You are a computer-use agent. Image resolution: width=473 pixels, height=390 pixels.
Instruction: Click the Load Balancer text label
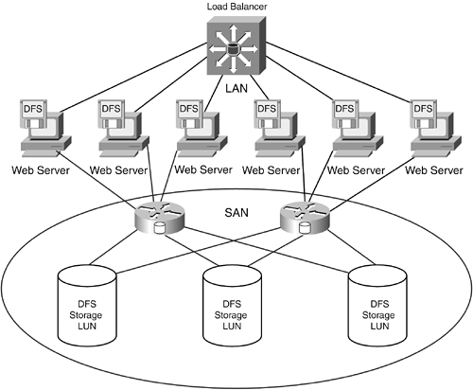coord(236,7)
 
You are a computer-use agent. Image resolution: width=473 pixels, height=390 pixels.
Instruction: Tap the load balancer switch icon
coord(236,45)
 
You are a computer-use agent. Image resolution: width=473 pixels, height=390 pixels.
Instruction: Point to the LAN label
coord(236,88)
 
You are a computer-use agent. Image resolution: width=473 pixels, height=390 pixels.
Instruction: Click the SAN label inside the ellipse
coord(236,212)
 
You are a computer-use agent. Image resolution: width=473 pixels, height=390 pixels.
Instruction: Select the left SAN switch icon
coord(159,218)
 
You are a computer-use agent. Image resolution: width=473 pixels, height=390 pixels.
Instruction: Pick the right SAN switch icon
coord(305,218)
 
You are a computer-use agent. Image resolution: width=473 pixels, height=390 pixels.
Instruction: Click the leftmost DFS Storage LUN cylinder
coord(87,305)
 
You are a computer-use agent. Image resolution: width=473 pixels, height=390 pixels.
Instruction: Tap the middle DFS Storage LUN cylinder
coord(232,305)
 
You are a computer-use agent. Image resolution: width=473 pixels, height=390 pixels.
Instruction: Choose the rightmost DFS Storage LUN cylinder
coord(377,305)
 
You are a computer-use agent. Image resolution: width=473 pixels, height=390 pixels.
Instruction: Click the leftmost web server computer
coord(46,129)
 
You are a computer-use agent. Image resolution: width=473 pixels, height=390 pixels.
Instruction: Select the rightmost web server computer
coord(436,129)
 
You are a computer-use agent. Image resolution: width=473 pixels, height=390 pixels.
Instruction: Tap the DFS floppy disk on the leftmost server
coord(33,114)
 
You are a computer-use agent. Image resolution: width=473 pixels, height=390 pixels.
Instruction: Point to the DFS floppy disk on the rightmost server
coord(424,114)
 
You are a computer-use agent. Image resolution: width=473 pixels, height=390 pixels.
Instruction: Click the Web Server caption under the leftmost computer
coord(41,170)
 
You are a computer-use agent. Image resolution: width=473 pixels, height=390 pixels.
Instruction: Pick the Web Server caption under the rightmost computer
coord(434,170)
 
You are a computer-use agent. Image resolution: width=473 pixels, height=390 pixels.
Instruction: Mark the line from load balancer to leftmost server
coord(133,78)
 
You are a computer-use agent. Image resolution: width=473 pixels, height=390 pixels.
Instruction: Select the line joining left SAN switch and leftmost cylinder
coord(114,248)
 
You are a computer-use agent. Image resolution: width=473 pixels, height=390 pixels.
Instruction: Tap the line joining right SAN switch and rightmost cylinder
coord(351,248)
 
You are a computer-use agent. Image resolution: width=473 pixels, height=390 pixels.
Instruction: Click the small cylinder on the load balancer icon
coord(233,49)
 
